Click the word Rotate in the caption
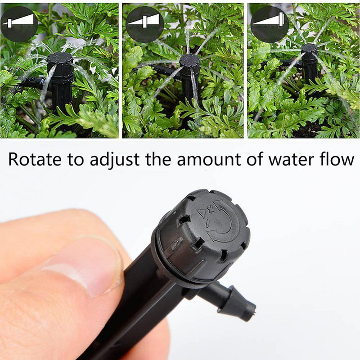35,159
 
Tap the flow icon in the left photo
19,24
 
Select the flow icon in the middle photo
145,24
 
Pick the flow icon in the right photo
270,24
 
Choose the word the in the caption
158,158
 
